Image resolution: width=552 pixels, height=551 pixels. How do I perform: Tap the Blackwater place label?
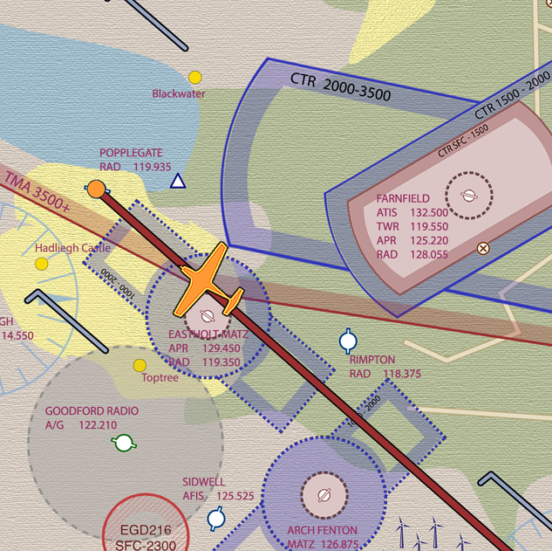click(x=179, y=93)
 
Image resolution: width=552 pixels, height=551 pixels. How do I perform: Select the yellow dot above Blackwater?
click(x=195, y=78)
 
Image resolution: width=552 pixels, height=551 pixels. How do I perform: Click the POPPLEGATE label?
click(x=131, y=153)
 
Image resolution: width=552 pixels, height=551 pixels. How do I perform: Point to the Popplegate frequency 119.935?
click(x=153, y=166)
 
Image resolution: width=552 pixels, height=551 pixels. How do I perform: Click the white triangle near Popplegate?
click(x=178, y=181)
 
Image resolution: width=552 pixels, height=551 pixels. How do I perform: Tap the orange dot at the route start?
click(x=96, y=189)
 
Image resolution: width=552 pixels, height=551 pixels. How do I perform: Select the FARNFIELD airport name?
click(x=403, y=199)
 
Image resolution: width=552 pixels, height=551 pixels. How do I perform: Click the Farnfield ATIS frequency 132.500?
click(x=429, y=213)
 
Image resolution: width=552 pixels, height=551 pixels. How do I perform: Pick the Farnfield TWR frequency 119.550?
click(x=429, y=227)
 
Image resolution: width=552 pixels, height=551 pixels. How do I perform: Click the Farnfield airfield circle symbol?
click(x=468, y=195)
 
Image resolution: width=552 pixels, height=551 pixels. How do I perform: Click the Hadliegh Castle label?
click(x=72, y=248)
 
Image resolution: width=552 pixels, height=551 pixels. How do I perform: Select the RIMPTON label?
click(x=372, y=360)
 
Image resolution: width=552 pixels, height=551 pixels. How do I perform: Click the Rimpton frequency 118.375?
click(x=402, y=374)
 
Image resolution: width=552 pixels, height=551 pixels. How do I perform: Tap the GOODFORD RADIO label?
click(x=92, y=411)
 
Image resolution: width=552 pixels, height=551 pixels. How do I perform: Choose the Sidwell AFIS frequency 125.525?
click(x=235, y=496)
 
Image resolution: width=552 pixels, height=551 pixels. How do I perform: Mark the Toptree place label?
click(x=160, y=378)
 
